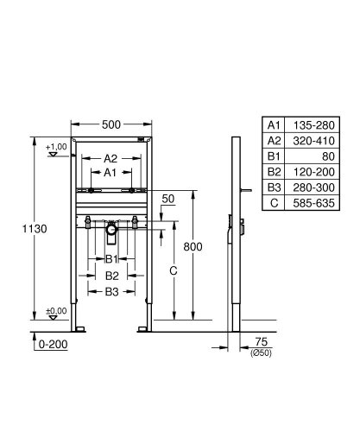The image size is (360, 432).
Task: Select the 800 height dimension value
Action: click(194, 247)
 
